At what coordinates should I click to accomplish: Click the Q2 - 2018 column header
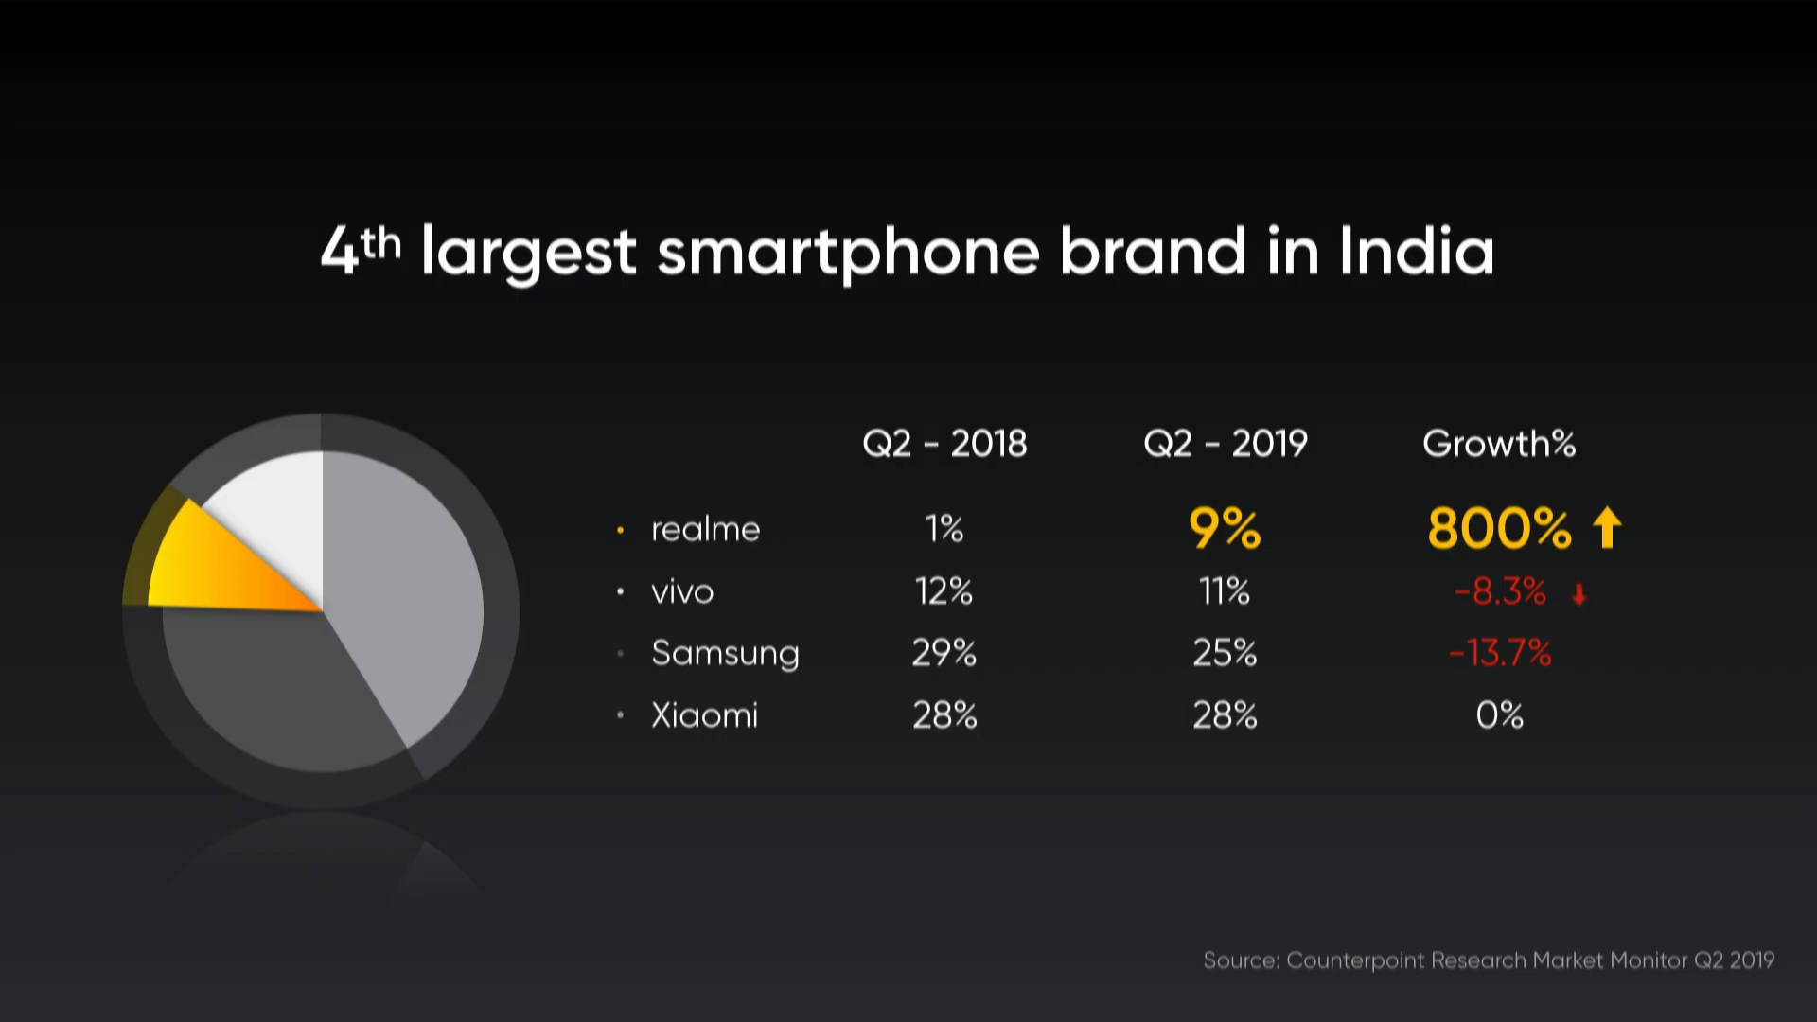coord(944,444)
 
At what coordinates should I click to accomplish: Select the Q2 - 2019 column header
coord(1226,444)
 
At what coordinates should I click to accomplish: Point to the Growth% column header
coord(1499,443)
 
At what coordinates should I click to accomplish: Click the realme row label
coord(705,529)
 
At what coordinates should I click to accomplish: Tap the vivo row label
coord(682,592)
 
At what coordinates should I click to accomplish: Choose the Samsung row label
coord(725,654)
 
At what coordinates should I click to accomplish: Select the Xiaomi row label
coord(705,715)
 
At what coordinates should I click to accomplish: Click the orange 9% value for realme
coord(1225,528)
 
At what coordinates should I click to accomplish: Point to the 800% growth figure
coord(1499,528)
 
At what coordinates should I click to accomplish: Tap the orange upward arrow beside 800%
coord(1607,527)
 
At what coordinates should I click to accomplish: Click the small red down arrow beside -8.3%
coord(1579,594)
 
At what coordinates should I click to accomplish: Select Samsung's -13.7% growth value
coord(1500,653)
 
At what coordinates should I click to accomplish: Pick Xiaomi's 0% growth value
coord(1500,715)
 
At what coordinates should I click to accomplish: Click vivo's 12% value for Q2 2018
coord(944,591)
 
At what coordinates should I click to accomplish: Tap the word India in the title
coord(1417,251)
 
